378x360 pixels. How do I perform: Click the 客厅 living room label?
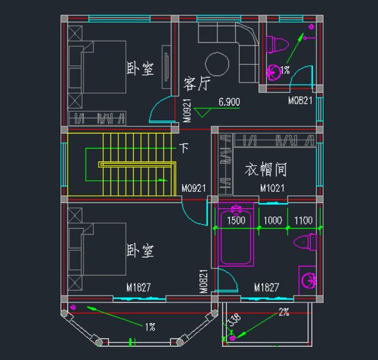196,84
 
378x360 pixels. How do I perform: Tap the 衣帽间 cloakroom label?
266,170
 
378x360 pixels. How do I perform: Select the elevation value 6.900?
229,102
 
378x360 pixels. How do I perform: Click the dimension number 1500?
236,221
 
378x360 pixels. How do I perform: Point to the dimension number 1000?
272,221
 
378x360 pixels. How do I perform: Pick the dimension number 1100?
303,221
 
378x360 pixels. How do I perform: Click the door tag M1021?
272,188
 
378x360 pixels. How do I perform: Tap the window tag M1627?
138,287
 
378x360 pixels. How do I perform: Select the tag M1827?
266,287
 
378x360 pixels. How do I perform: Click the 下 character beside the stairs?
184,148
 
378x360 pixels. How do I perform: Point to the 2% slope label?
284,312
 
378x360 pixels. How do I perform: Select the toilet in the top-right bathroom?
277,44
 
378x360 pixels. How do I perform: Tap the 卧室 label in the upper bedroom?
141,69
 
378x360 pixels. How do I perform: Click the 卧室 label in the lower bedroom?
141,251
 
